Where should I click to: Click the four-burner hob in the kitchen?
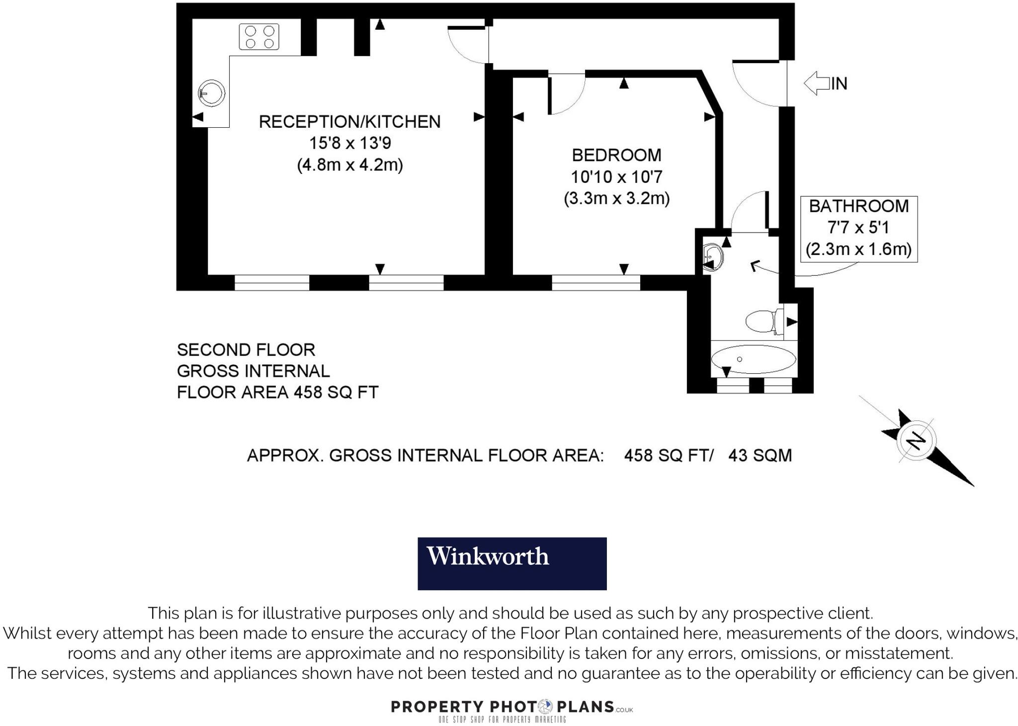click(x=259, y=37)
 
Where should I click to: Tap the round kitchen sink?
click(x=212, y=92)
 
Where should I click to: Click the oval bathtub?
click(x=754, y=359)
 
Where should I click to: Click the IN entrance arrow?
click(x=818, y=83)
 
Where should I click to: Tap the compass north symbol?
click(x=917, y=441)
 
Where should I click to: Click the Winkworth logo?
click(x=512, y=563)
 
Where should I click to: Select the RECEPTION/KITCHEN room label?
click(x=349, y=122)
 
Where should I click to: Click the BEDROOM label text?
click(x=616, y=155)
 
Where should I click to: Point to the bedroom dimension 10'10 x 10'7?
click(x=616, y=177)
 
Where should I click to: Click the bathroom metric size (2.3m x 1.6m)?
click(x=858, y=249)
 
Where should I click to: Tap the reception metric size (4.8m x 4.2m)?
click(x=349, y=164)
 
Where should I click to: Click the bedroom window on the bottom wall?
click(x=596, y=283)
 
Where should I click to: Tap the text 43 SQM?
click(x=760, y=455)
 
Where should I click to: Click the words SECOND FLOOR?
click(x=246, y=350)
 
